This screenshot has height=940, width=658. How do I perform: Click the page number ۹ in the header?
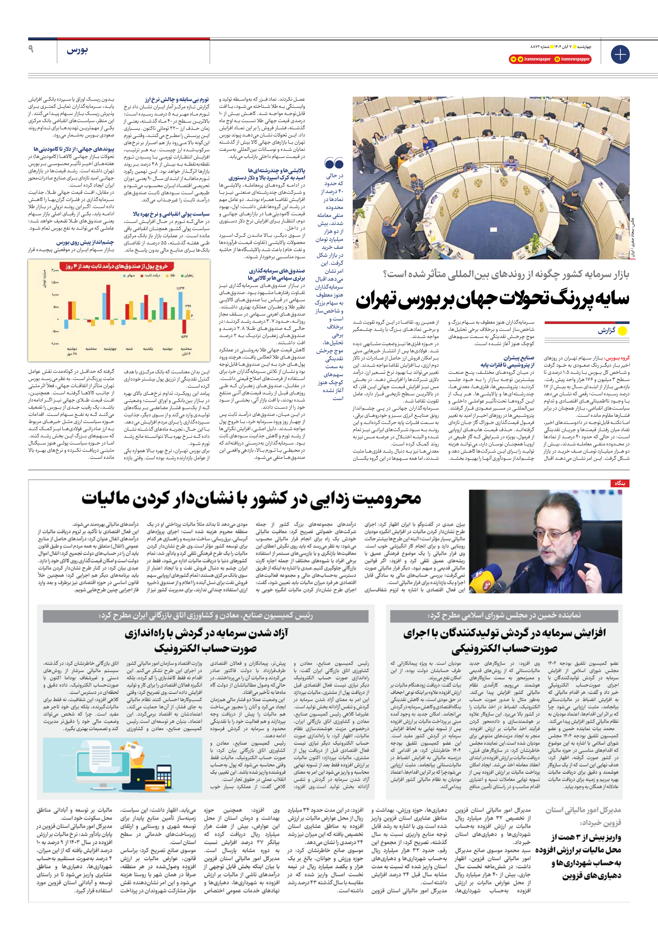31,49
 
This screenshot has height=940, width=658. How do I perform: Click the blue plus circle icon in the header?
620,54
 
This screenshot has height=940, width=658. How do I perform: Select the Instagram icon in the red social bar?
557,59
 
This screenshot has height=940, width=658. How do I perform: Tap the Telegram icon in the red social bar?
514,59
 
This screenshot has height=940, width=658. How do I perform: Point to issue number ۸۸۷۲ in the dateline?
537,47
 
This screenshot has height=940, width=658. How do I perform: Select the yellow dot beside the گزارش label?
622,331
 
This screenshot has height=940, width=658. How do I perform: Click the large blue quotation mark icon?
334,163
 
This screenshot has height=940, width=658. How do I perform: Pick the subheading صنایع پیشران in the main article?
519,357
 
